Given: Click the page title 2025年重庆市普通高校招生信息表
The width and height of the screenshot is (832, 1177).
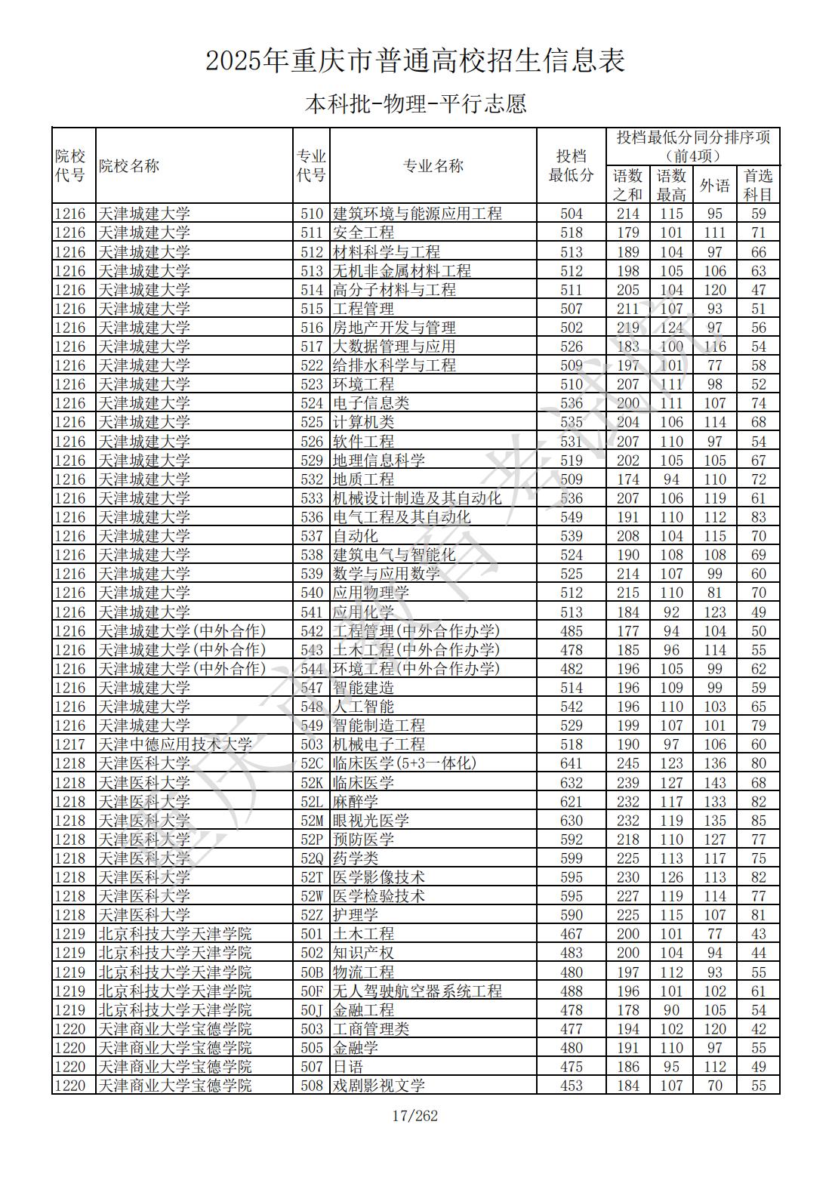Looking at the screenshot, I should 415,61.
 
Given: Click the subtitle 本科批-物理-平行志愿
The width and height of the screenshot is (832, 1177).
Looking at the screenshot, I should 415,103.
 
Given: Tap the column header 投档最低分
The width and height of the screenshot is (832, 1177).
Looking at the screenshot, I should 571,166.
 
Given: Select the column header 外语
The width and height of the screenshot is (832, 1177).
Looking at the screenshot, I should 714,185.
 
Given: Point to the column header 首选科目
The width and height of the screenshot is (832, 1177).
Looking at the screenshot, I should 758,185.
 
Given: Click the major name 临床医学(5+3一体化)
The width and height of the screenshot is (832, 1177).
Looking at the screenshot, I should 405,763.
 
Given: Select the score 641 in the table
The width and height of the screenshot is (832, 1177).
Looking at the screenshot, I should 572,763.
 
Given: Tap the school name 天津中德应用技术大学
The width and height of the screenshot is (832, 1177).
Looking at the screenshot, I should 175,744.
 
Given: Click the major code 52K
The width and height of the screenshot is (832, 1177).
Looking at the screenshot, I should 311,783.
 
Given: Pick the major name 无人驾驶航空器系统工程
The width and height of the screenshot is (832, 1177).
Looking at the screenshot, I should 418,991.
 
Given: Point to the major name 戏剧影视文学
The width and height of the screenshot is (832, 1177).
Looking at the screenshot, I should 379,1086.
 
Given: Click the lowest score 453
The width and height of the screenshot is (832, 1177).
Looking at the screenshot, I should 572,1086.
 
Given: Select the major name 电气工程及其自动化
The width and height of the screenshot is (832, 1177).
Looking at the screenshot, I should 402,517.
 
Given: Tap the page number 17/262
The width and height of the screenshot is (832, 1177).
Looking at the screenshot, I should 415,1116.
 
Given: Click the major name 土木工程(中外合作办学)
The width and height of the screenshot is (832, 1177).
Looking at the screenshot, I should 416,650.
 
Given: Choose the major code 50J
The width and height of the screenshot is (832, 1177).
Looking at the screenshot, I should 311,1010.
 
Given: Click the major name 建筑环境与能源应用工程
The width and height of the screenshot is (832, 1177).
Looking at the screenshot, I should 418,214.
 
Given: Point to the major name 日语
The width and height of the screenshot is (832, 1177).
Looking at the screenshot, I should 348,1067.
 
